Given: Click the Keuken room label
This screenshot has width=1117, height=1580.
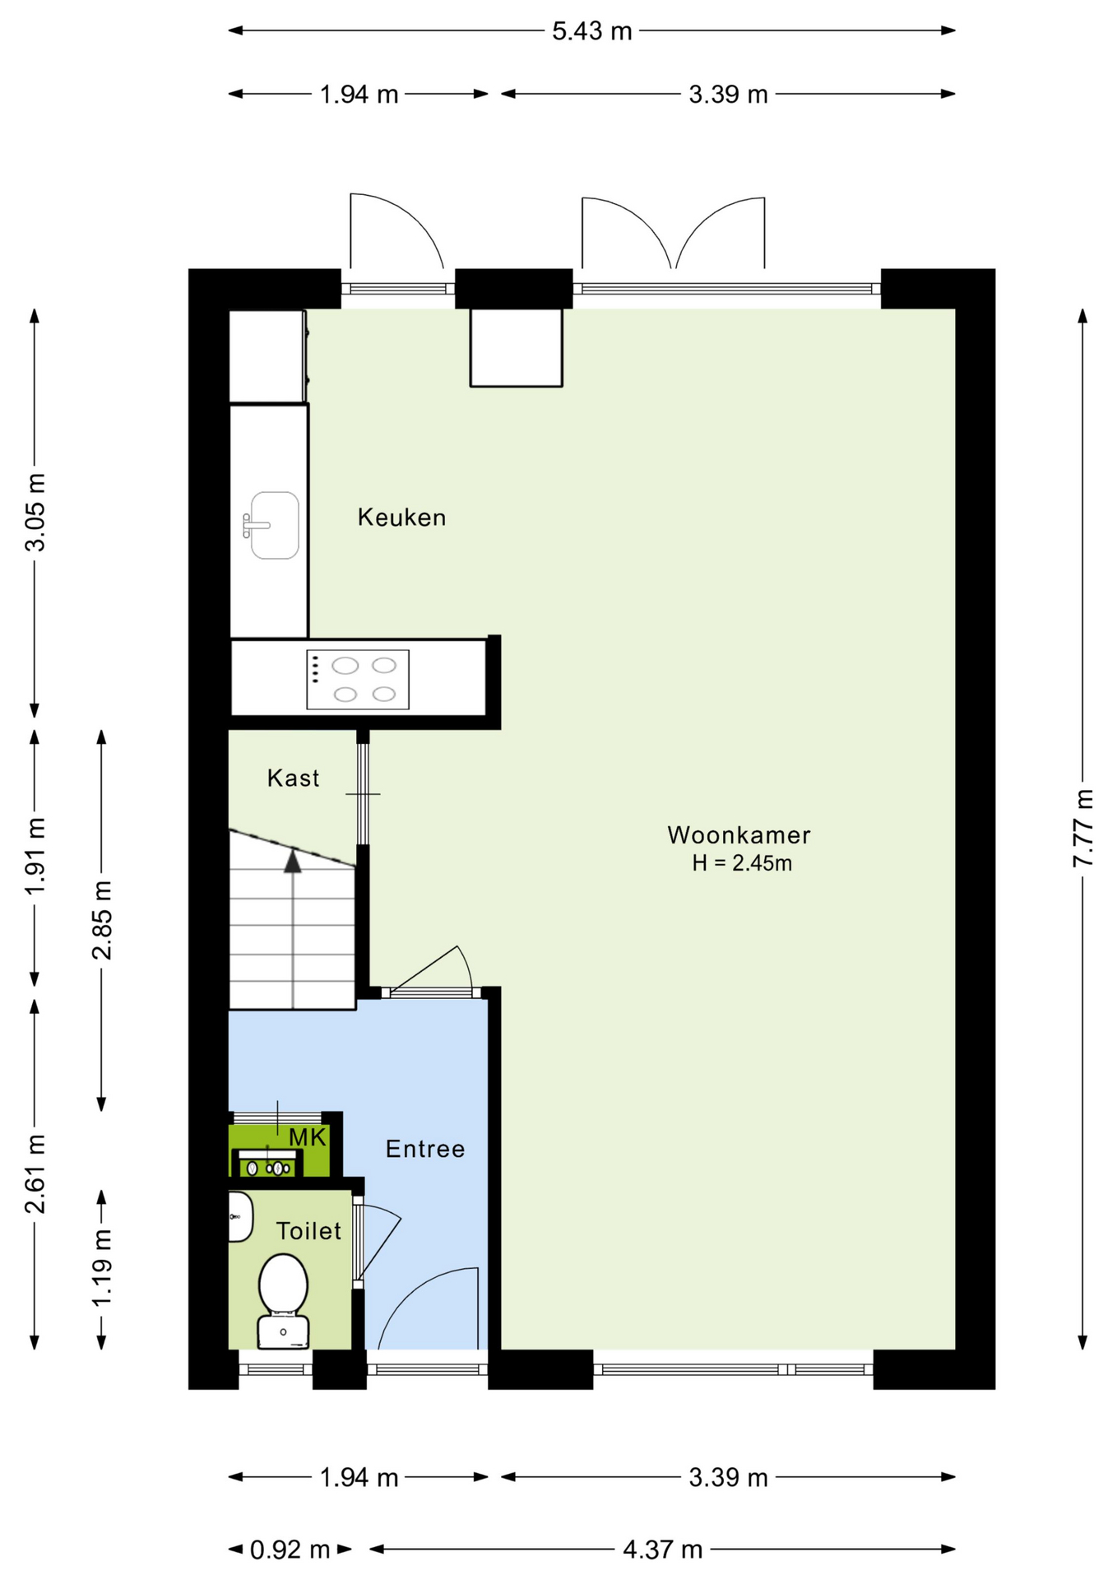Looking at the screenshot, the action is (401, 517).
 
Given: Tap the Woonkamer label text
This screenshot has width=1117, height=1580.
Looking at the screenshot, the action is (739, 834).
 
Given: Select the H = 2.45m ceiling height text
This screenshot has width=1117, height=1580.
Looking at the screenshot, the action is (742, 862).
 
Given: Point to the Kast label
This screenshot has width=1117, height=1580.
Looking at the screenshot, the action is (293, 778).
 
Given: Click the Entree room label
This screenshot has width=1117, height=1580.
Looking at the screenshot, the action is (425, 1149).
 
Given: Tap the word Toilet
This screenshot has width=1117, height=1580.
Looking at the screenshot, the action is (308, 1231).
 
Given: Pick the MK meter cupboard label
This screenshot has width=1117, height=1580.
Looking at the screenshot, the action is (308, 1138).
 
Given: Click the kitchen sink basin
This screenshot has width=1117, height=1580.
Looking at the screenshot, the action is (274, 525).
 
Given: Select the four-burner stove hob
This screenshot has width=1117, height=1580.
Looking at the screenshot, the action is (358, 680).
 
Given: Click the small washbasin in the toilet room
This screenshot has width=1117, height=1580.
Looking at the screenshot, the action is (240, 1216).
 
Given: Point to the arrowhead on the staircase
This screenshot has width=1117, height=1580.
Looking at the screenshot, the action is (293, 861).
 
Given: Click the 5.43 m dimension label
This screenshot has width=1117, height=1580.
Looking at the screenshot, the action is (591, 31).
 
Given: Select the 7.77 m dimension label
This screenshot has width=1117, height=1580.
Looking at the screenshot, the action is (1083, 827).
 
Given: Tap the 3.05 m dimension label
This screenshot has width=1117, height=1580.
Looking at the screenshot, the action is (35, 513).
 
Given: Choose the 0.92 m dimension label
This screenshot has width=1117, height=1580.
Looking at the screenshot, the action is (290, 1550).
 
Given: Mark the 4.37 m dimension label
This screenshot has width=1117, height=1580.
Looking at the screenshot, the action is (662, 1550).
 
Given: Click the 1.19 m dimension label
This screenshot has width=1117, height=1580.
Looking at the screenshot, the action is (102, 1267).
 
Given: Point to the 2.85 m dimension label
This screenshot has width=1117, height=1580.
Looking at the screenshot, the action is (102, 920).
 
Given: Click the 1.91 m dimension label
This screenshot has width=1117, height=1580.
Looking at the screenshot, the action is (35, 856).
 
